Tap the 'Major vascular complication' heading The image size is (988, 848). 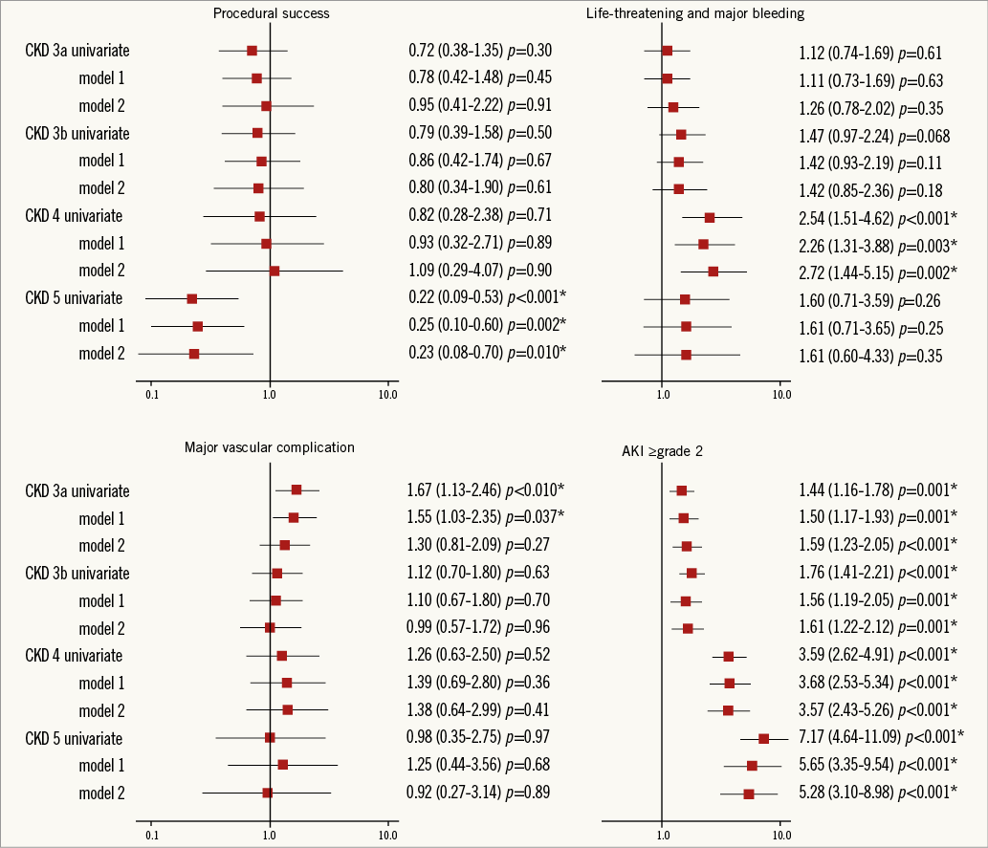pyautogui.click(x=270, y=446)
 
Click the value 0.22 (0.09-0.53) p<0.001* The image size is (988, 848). pyautogui.click(x=485, y=298)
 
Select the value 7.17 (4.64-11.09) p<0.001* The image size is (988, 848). pyautogui.click(x=881, y=736)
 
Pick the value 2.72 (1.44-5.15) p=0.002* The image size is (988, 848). pyautogui.click(x=879, y=272)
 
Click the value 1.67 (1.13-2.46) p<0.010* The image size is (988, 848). pyautogui.click(x=485, y=489)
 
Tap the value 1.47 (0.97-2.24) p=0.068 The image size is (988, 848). pyautogui.click(x=868, y=134)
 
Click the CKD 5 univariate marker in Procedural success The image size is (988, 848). pyautogui.click(x=191, y=299)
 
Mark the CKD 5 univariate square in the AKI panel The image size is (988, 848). pyautogui.click(x=763, y=738)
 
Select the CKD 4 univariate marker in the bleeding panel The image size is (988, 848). pyautogui.click(x=710, y=218)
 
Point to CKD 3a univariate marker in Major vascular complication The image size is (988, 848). pyautogui.click(x=296, y=489)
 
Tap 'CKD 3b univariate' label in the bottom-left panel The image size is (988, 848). pyautogui.click(x=77, y=573)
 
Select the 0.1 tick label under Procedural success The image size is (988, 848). pyautogui.click(x=151, y=393)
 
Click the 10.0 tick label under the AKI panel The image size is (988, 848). pyautogui.click(x=780, y=835)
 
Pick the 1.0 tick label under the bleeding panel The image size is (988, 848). pyautogui.click(x=663, y=393)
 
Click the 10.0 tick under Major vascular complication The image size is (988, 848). pyautogui.click(x=387, y=835)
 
